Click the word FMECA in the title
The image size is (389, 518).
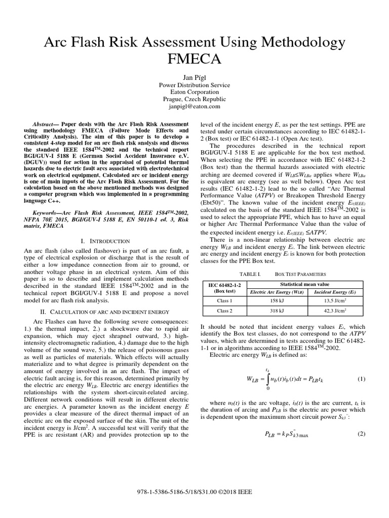pyautogui.click(x=194, y=59)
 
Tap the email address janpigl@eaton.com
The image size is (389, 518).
pyautogui.click(x=194, y=107)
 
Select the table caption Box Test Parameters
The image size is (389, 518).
pyautogui.click(x=300, y=273)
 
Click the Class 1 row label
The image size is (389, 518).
pyautogui.click(x=223, y=300)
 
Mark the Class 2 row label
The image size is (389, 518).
pyautogui.click(x=223, y=312)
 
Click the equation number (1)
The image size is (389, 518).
pyautogui.click(x=361, y=379)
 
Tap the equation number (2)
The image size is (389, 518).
pyautogui.click(x=361, y=434)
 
